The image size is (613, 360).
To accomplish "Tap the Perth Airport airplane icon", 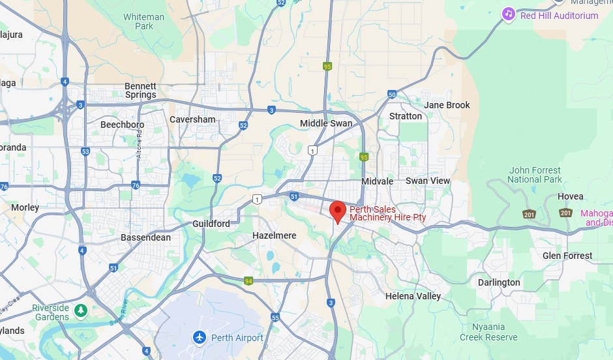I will (200, 337).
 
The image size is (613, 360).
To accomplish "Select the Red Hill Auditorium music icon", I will (508, 14).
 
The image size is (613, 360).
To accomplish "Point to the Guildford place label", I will (211, 224).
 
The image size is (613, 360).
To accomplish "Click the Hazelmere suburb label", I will (274, 235).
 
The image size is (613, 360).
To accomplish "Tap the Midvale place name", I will (378, 181).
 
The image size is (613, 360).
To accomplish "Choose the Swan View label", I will (428, 181).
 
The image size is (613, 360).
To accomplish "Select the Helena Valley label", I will (413, 296).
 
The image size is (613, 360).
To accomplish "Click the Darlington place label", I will (499, 282).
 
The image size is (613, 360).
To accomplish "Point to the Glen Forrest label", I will (567, 256).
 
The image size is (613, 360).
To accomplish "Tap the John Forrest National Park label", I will (534, 175).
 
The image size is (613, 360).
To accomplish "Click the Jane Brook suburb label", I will (447, 104).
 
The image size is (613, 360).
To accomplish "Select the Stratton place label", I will (405, 116).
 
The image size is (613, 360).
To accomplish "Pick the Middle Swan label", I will (325, 123).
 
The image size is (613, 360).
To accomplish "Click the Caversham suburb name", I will (192, 119).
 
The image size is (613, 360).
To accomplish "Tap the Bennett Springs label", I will (140, 91).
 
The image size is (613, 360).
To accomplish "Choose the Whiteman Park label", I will (143, 22).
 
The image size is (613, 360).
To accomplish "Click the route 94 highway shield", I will (248, 281).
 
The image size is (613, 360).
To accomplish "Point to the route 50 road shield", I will (391, 95).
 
